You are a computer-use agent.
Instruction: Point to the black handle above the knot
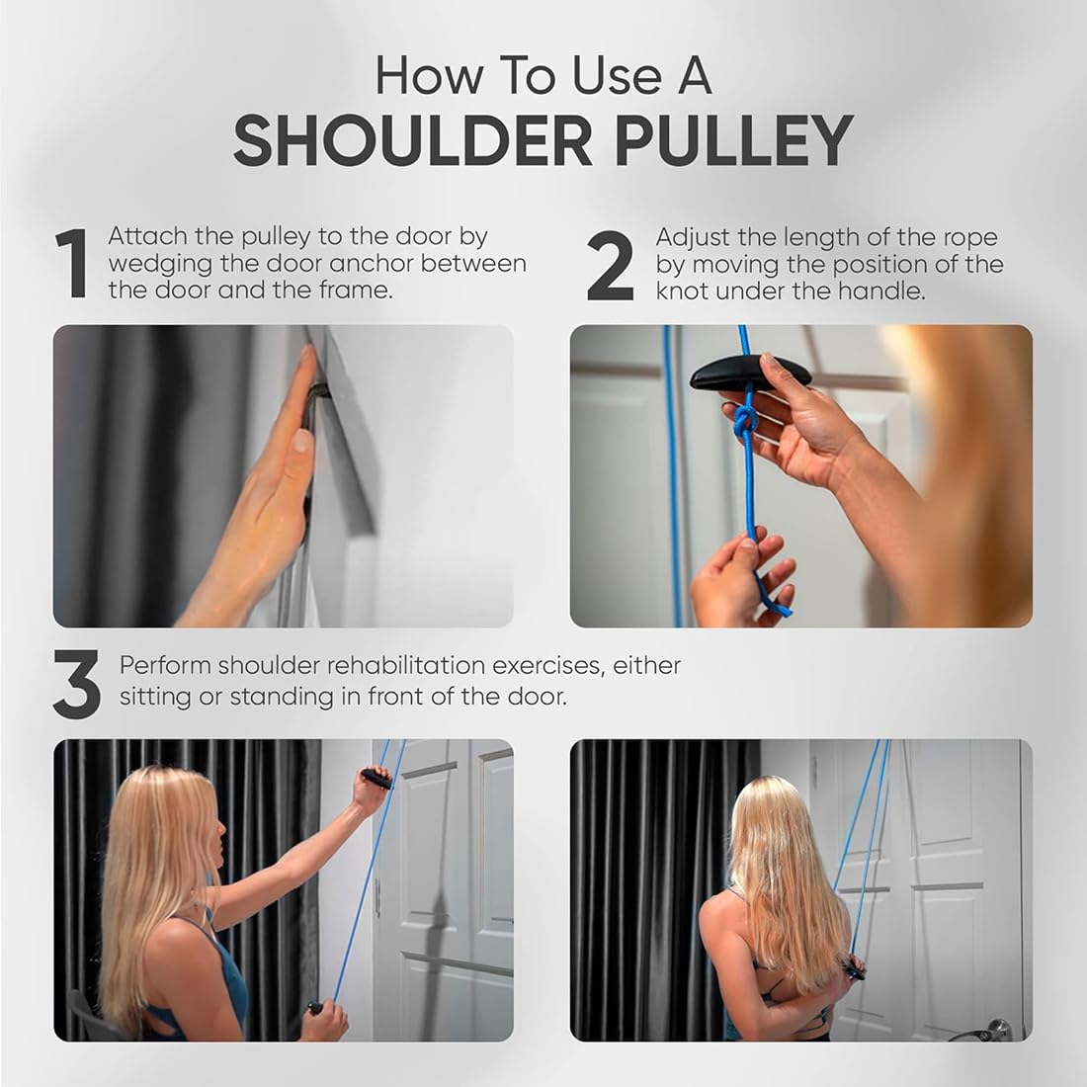pyautogui.click(x=751, y=374)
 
